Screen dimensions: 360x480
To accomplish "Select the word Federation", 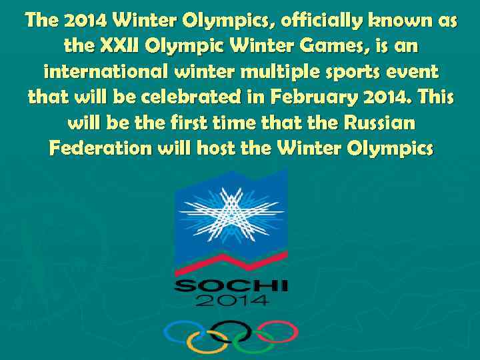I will (x=101, y=147).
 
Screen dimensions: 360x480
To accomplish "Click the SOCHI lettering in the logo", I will (x=231, y=285).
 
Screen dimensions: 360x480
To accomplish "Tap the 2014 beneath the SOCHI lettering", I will (x=231, y=300).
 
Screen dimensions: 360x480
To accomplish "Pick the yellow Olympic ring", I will (x=207, y=341).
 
